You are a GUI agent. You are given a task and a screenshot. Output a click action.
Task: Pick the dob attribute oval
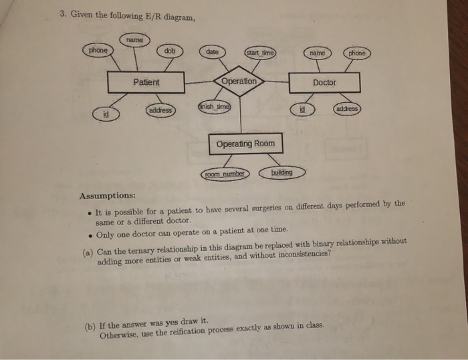point(170,51)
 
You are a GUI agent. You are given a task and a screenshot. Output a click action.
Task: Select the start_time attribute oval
point(260,53)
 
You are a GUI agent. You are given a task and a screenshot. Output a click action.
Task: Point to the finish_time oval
point(215,106)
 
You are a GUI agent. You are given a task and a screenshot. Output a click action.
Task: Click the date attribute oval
point(212,52)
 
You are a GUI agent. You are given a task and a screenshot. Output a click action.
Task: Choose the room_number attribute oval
point(225,174)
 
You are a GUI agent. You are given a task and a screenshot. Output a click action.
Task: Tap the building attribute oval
point(282,172)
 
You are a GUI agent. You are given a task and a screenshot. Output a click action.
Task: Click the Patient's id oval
point(106,114)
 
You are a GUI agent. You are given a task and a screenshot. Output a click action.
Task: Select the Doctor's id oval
point(302,110)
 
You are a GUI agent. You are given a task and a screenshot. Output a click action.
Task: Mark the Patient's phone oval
point(98,50)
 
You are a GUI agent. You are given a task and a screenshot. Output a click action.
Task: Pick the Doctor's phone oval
point(356,53)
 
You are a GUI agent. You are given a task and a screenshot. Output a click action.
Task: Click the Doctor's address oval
point(347,109)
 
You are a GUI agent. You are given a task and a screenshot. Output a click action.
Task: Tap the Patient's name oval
point(134,39)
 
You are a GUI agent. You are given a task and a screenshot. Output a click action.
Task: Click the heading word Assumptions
point(108,196)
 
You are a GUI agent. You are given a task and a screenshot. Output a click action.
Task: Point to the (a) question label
point(88,253)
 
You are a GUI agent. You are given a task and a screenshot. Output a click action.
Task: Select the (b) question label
point(90,327)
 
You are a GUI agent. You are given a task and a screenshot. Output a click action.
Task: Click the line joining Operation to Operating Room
point(240,115)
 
